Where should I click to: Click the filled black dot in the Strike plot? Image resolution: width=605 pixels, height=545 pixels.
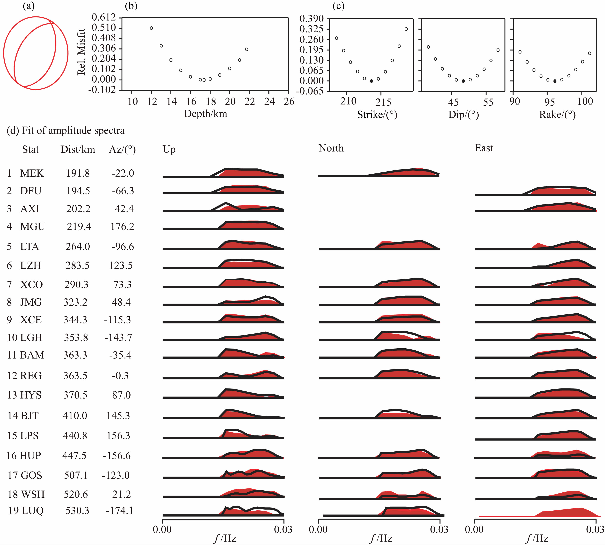click(371, 81)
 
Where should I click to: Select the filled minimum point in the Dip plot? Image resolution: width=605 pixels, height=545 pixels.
click(463, 81)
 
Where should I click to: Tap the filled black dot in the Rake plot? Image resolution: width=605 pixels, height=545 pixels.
click(555, 81)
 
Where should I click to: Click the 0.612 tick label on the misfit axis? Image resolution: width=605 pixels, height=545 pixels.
click(104, 17)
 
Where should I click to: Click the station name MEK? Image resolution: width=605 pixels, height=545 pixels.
click(32, 173)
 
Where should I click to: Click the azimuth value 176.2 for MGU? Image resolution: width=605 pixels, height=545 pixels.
click(122, 226)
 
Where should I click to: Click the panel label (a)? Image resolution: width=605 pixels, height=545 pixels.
click(29, 6)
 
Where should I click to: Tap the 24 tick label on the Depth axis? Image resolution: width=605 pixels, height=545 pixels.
click(269, 102)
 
